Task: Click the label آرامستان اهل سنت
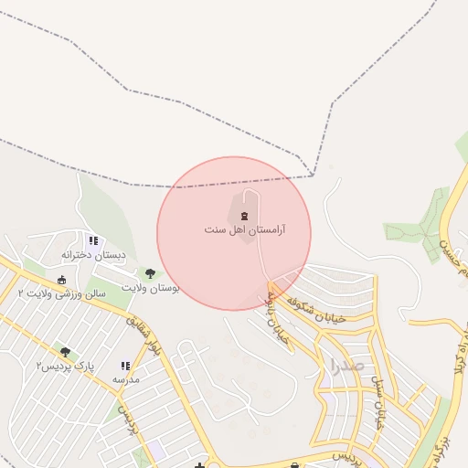click(244, 229)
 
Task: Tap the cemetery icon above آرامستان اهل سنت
click(243, 215)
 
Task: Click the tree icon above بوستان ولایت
click(150, 273)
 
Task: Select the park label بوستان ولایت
click(151, 288)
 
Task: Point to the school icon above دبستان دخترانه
click(93, 240)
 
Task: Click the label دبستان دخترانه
click(92, 254)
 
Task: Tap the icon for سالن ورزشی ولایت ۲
click(62, 280)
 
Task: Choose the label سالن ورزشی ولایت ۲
click(62, 293)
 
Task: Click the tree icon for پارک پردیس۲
click(65, 351)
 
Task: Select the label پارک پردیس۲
click(65, 366)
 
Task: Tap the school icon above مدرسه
click(125, 366)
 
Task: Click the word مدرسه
click(125, 378)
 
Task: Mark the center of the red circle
click(234, 233)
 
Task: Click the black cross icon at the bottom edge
click(199, 465)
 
